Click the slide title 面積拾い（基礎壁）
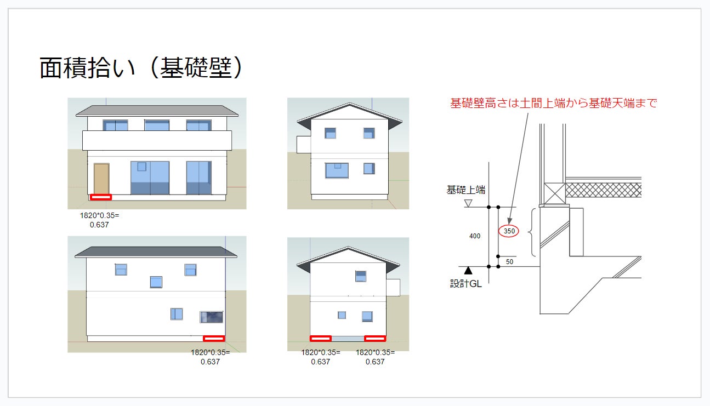point(141,68)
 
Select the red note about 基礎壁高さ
point(553,103)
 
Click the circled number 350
point(509,231)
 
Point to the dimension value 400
point(475,236)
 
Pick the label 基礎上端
point(465,190)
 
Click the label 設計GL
point(466,284)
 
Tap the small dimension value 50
point(509,262)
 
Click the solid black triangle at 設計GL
point(468,270)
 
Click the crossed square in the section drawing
point(554,193)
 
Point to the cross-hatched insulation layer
point(603,190)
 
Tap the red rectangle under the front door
point(101,197)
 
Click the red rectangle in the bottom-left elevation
point(214,338)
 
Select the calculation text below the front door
point(99,220)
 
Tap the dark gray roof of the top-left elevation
point(157,111)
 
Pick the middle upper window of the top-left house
point(157,125)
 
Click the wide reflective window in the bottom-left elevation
point(211,317)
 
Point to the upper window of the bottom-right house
point(360,276)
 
